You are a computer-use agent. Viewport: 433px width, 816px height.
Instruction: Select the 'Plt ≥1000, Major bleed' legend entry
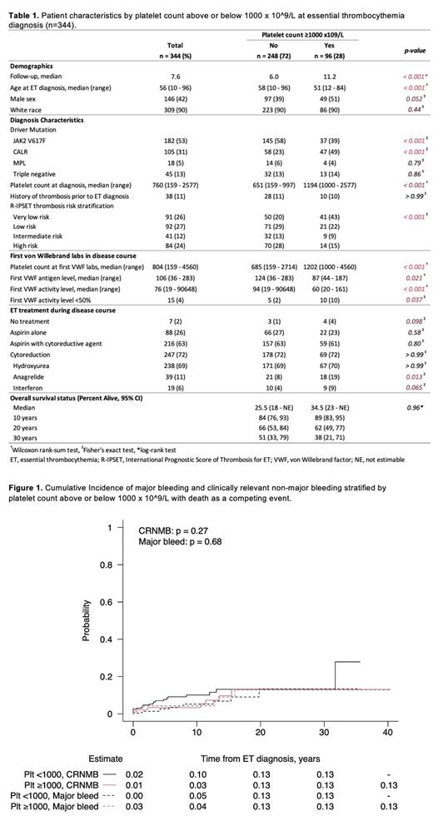(x=56, y=805)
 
